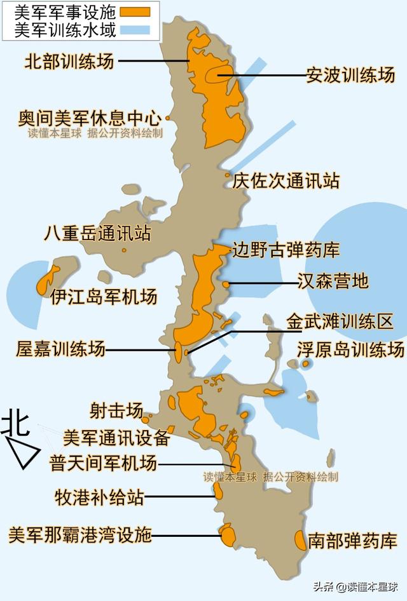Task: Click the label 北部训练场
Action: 69,61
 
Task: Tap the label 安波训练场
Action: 350,75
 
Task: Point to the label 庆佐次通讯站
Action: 286,180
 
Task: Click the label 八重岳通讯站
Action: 97,233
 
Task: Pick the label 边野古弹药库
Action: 286,249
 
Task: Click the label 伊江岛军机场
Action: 104,297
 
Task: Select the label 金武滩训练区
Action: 339,321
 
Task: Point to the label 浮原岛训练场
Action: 350,349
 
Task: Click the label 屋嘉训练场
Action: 61,348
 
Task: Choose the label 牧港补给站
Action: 99,497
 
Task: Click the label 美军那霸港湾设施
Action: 80,535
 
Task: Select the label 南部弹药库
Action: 352,541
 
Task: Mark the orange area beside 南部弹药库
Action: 300,540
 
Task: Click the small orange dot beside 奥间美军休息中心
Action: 167,118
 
